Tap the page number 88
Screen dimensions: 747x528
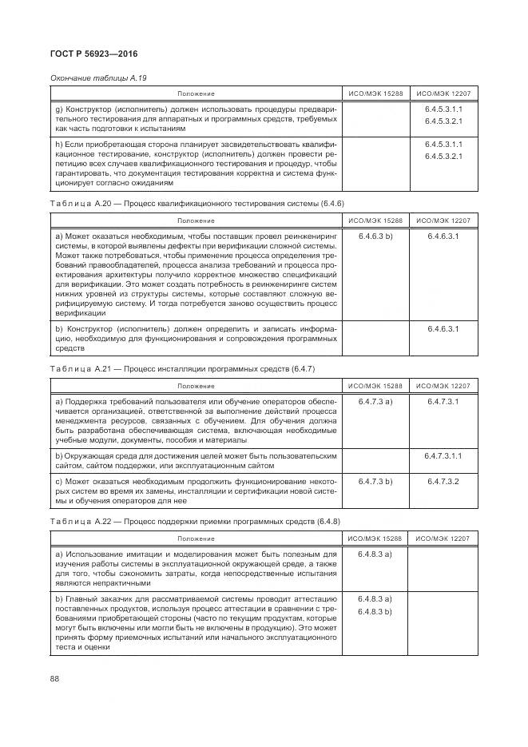pos(55,678)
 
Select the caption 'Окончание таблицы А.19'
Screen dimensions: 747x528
pos(98,77)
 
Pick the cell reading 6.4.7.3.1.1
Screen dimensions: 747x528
pos(443,455)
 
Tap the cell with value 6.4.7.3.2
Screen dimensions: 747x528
pos(443,482)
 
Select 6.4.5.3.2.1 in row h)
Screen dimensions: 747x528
pos(443,156)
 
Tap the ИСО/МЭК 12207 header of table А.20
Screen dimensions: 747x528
pos(443,221)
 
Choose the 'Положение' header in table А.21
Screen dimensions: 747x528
pos(196,385)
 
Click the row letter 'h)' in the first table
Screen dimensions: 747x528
pos(58,144)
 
